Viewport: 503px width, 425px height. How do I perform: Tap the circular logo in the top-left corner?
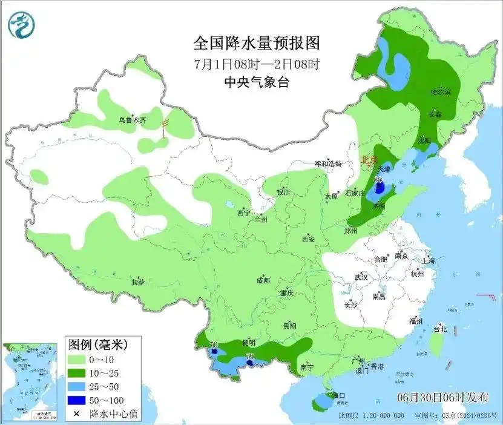tap(22, 24)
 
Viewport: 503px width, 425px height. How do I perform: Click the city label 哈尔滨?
tap(441, 92)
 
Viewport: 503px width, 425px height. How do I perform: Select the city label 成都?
tap(263, 280)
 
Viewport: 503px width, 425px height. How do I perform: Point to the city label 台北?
tap(439, 329)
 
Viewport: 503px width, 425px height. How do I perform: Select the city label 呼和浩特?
tap(328, 164)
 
